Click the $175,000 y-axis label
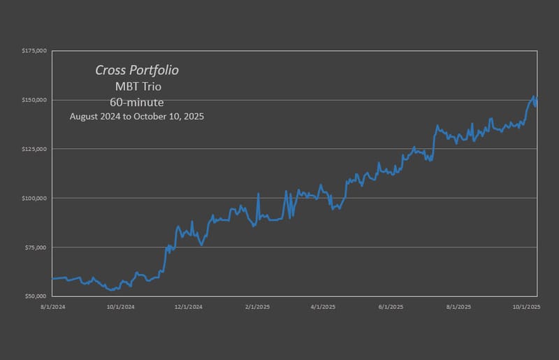click(34, 51)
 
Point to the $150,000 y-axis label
click(34, 100)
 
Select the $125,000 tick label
click(34, 149)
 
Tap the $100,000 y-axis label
click(34, 198)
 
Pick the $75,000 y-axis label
click(36, 247)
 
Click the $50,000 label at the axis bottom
click(36, 296)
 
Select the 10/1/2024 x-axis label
click(121, 307)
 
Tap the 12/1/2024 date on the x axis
click(189, 307)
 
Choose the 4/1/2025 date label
click(324, 307)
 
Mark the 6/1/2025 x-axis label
click(391, 307)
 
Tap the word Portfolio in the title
click(156, 71)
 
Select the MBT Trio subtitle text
click(138, 87)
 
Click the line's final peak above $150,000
click(533, 96)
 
